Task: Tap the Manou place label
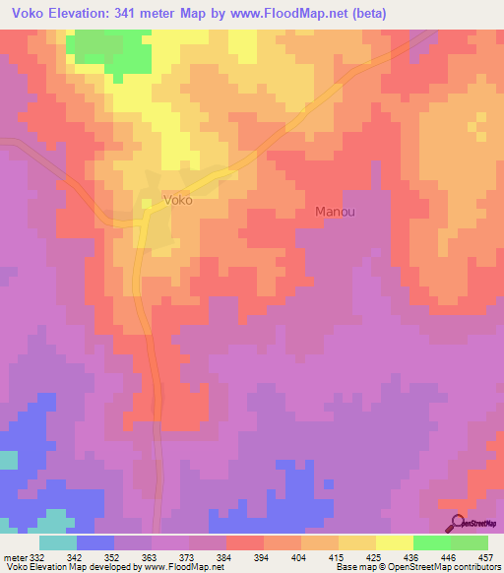pos(334,211)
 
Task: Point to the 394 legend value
pos(263,557)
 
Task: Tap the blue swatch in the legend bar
pos(94,542)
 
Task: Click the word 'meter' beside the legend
pos(14,557)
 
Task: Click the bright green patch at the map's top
pos(110,50)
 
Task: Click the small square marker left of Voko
pos(147,203)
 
